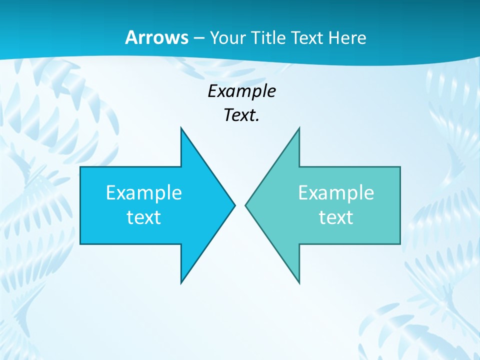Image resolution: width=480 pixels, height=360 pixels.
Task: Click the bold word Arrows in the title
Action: pyautogui.click(x=156, y=37)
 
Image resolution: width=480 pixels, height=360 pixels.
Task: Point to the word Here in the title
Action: pyautogui.click(x=347, y=37)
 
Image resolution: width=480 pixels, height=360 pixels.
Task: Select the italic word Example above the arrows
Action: pyautogui.click(x=241, y=91)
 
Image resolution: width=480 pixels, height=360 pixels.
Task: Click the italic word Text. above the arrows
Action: pyautogui.click(x=241, y=115)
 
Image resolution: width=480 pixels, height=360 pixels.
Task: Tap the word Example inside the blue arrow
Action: pyautogui.click(x=144, y=192)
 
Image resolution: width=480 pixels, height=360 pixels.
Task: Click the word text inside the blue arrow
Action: pyautogui.click(x=144, y=217)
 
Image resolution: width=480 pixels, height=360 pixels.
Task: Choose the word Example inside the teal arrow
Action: pyautogui.click(x=336, y=192)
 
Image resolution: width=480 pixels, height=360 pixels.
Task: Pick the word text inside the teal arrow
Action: pyautogui.click(x=336, y=217)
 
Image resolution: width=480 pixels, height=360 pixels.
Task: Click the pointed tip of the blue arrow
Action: pyautogui.click(x=234, y=205)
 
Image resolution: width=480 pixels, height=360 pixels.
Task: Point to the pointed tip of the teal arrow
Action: pyautogui.click(x=246, y=205)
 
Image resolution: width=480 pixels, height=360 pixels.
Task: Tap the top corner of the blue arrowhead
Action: pyautogui.click(x=181, y=128)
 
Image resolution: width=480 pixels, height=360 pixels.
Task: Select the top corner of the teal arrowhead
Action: pyautogui.click(x=299, y=128)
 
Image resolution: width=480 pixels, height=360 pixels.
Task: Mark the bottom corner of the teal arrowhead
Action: pyautogui.click(x=299, y=282)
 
